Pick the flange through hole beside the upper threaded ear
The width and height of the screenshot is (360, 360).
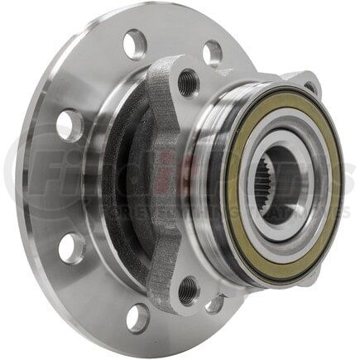click(x=212, y=54)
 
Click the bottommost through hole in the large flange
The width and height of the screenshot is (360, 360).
click(x=137, y=318)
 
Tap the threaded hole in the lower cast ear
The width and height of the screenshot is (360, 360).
click(x=190, y=290)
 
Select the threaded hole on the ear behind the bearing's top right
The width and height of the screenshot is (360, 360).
click(x=311, y=86)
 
